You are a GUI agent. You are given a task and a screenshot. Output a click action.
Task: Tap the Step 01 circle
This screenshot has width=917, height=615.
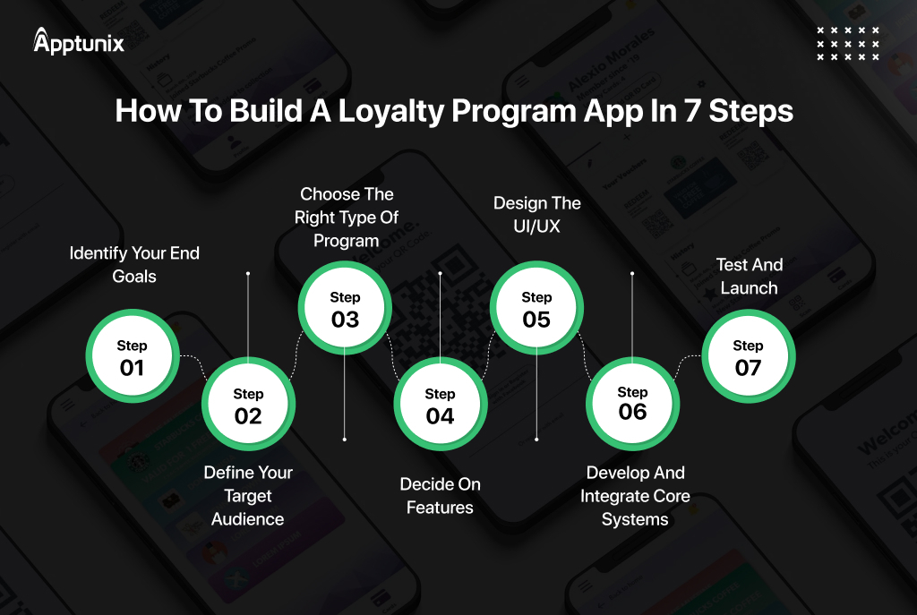coord(132,357)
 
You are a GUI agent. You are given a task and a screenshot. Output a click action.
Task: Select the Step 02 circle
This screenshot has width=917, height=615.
coord(248,406)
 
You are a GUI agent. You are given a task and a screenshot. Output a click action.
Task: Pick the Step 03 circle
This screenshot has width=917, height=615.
coord(345,309)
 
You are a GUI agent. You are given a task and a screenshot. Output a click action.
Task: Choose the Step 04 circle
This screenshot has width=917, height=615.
coord(440,406)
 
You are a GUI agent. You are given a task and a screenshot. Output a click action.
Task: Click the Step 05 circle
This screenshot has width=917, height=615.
coord(536,309)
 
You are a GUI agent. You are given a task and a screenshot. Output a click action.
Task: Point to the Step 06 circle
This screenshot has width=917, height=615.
coord(632,404)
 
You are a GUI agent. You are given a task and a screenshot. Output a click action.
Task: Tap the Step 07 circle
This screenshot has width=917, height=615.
coord(748,357)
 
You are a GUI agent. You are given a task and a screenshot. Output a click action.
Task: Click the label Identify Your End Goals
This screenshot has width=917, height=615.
coord(134,265)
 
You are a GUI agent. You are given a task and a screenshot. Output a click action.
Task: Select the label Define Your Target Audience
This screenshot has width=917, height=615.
coord(248,496)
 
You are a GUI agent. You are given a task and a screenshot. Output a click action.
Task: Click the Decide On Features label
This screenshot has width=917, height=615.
coord(440,496)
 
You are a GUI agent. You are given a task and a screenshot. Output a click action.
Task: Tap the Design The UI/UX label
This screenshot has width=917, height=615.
coord(537,215)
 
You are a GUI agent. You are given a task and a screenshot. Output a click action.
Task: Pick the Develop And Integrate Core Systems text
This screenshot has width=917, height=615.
coord(635,496)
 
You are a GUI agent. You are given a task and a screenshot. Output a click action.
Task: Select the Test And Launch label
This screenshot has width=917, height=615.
coord(750,277)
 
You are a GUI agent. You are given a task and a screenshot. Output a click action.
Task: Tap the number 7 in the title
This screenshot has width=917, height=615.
coord(712,110)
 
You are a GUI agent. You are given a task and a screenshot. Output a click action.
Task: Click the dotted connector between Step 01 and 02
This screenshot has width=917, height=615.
coord(191,363)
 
